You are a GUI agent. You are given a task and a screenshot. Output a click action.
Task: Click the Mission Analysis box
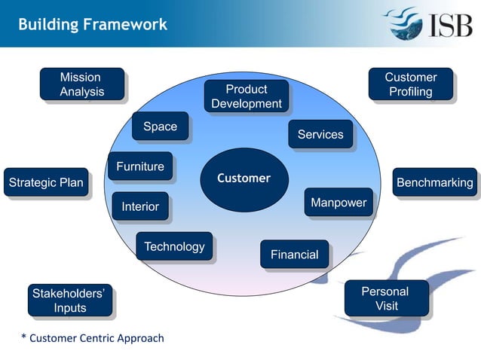tap(81, 84)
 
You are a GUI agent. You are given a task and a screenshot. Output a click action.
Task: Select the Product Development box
tap(247, 97)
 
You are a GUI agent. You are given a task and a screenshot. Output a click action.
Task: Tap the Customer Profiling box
tap(410, 84)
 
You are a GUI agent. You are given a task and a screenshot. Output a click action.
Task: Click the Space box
tap(160, 127)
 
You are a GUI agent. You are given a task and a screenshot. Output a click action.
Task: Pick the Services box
tap(320, 135)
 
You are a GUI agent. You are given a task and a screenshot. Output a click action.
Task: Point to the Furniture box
tap(140, 167)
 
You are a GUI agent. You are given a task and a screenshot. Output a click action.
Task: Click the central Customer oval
tap(244, 178)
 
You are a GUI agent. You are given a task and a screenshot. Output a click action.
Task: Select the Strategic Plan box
tap(45, 182)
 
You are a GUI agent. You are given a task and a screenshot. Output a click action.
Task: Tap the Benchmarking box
tap(435, 182)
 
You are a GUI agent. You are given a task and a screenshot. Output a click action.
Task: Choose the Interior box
tap(140, 206)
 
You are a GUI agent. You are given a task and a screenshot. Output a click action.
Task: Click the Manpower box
tap(339, 203)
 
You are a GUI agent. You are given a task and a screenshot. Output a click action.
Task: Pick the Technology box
tap(174, 246)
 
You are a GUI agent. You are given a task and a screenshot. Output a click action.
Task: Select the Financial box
tap(294, 255)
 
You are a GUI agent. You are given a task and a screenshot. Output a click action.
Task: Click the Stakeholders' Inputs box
tap(69, 300)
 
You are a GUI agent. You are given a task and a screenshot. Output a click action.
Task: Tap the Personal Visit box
tap(385, 298)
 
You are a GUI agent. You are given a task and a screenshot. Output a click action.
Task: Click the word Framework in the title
tap(125, 24)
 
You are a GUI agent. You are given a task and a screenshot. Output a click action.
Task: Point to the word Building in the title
tap(48, 24)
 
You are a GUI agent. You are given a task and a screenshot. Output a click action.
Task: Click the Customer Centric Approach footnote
tap(92, 338)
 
